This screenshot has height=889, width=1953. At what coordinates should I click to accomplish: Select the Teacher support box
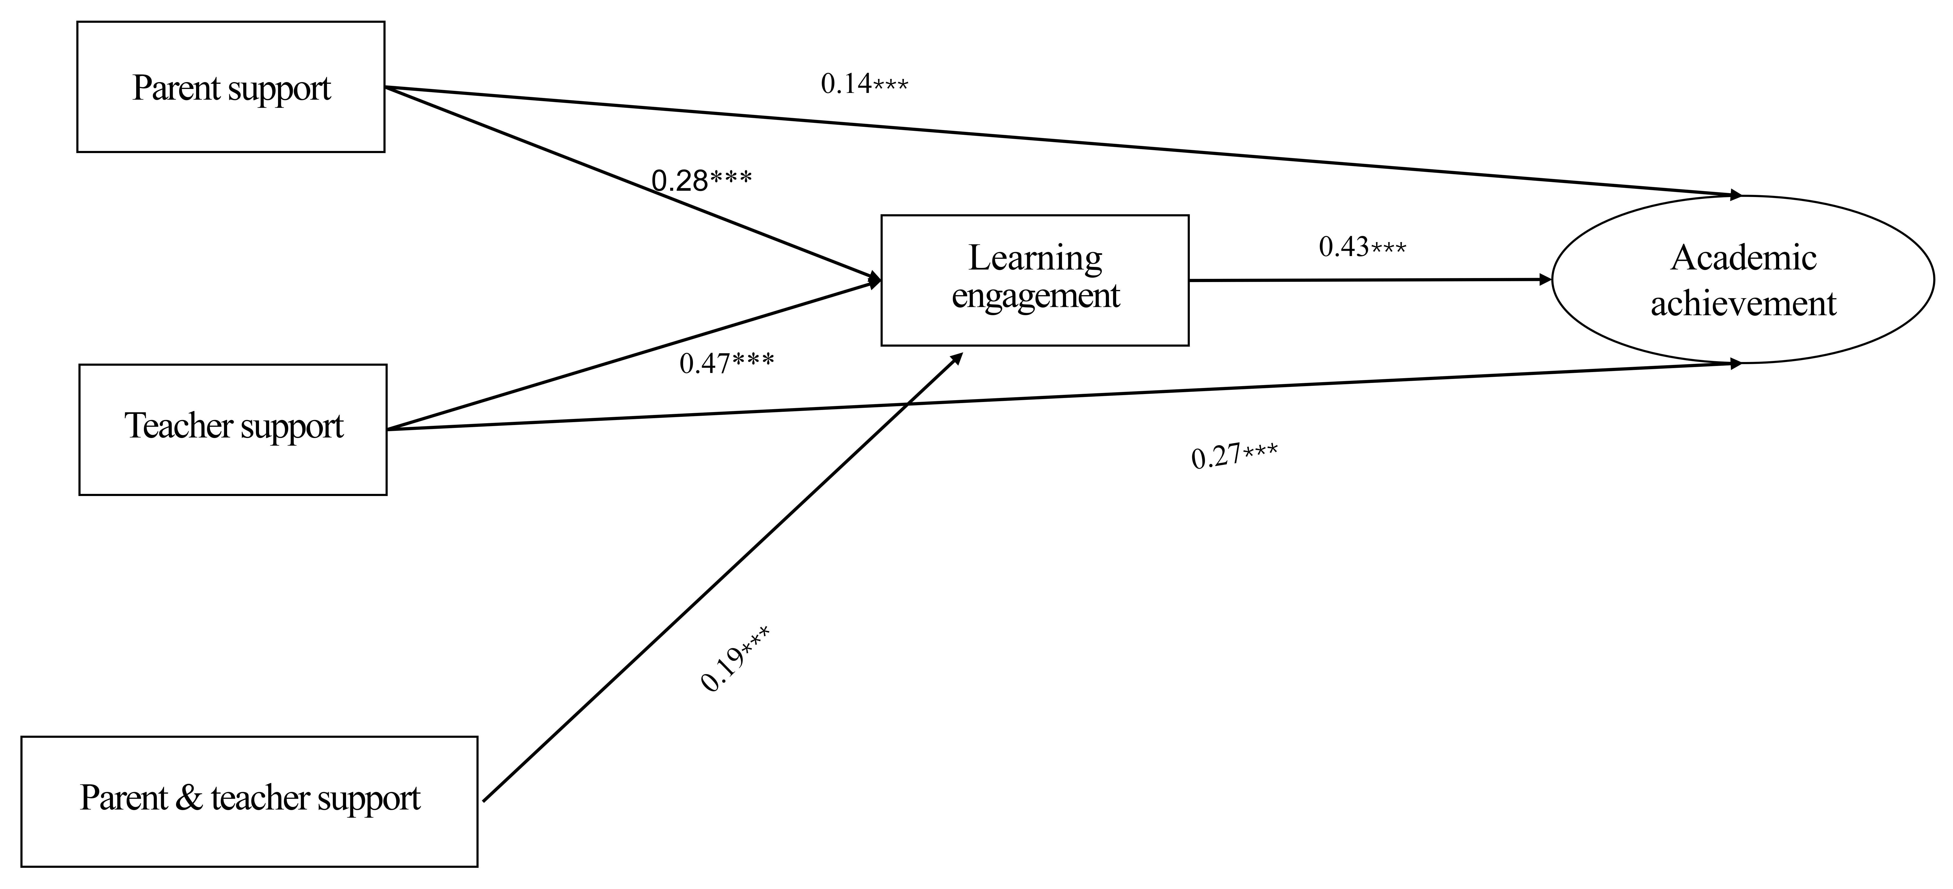point(233,430)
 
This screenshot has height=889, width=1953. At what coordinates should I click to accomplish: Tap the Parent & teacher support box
point(249,801)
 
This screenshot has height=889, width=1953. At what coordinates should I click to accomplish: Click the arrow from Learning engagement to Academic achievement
point(1365,280)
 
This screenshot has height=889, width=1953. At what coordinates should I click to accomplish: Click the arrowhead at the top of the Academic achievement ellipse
point(1735,195)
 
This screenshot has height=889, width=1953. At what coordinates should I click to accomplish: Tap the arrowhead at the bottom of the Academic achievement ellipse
point(1735,364)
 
